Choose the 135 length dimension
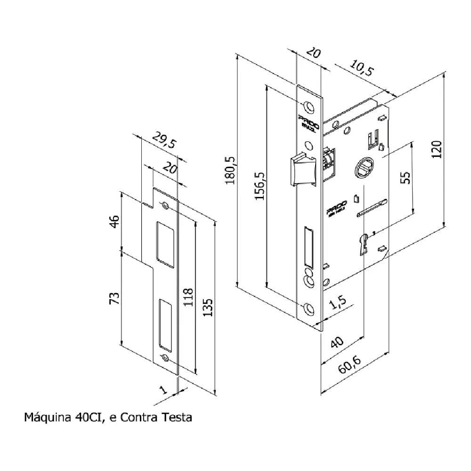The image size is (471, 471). tap(208, 308)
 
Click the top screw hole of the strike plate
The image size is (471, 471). tap(166, 206)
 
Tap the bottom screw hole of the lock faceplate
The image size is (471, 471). tap(309, 308)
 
